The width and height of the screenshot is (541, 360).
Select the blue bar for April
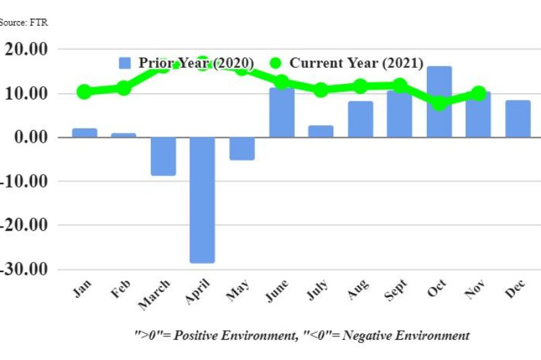[202, 200]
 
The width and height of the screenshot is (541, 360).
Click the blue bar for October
[439, 102]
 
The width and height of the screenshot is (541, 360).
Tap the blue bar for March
[163, 156]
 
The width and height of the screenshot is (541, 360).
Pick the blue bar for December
[518, 118]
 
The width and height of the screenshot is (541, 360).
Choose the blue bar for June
[281, 112]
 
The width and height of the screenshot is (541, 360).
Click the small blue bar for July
[321, 131]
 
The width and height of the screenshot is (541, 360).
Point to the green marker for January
[84, 92]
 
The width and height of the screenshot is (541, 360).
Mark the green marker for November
[478, 93]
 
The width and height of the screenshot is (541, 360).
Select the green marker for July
[321, 90]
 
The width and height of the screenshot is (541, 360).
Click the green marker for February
[124, 88]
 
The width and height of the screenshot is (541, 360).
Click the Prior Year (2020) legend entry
[187, 63]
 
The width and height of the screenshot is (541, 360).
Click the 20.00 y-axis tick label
[26, 49]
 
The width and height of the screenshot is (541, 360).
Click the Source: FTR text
[24, 22]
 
